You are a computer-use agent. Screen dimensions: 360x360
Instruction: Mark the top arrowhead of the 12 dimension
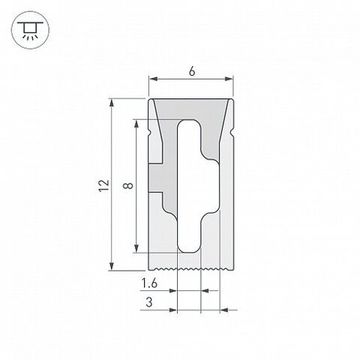tap(111, 102)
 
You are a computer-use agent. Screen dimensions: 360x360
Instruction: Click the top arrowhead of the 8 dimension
tap(136, 121)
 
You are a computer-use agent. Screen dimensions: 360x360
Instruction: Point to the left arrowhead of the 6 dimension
tap(154, 79)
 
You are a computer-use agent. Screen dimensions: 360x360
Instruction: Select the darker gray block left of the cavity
tap(160, 180)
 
